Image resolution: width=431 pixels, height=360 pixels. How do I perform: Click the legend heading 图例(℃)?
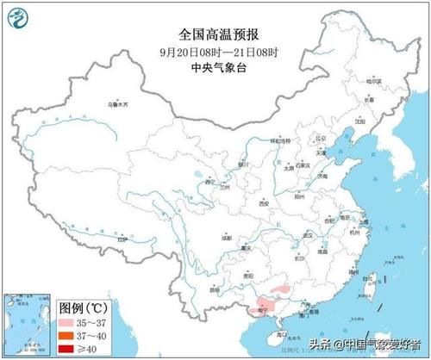pyautogui.click(x=84, y=307)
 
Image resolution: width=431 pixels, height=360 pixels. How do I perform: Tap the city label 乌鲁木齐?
pyautogui.click(x=116, y=105)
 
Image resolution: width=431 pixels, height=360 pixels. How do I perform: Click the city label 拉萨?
pyautogui.click(x=122, y=239)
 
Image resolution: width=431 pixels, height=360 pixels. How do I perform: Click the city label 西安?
pyautogui.click(x=265, y=204)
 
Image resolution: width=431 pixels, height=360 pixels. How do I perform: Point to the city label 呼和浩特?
pyautogui.click(x=278, y=139)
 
